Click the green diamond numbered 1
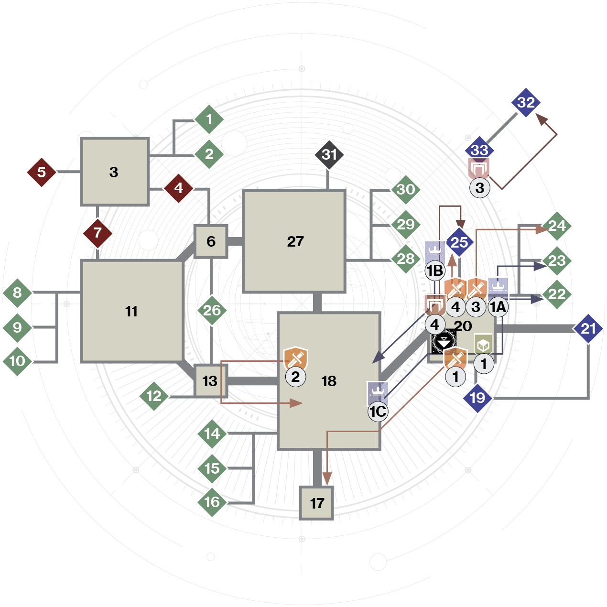point(209,119)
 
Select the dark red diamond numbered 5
point(42,173)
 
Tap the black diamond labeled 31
point(329,155)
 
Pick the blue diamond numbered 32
point(526,102)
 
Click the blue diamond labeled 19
point(477,398)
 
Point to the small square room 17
point(316,503)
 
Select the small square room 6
point(211,241)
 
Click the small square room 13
point(210,381)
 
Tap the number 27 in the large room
point(295,241)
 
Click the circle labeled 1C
point(378,412)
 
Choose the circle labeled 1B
point(435,271)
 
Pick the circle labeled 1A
point(498,307)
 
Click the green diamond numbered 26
point(212,311)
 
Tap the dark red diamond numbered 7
point(98,233)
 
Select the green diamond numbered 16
point(212,502)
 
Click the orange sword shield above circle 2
point(295,358)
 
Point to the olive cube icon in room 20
point(483,344)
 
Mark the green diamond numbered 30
point(406,190)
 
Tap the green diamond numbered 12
point(154,396)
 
